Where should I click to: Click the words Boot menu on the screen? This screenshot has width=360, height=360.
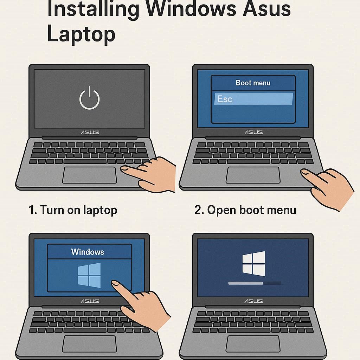(253, 83)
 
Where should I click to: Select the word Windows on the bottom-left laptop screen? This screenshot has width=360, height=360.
(88, 252)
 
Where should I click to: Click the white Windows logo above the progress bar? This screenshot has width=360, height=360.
(253, 264)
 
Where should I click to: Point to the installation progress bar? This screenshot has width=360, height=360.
(255, 283)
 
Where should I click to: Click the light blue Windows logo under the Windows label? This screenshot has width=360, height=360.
(89, 275)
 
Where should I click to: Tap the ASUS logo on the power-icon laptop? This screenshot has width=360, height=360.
(90, 133)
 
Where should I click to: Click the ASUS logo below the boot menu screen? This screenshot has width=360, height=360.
(253, 133)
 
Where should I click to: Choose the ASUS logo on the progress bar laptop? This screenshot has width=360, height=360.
(253, 301)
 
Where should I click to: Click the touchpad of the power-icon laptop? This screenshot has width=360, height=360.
(89, 175)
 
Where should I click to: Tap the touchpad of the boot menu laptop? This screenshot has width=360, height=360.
(253, 175)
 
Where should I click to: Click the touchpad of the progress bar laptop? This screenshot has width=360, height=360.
(253, 344)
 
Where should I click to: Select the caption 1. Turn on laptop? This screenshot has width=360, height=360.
(73, 210)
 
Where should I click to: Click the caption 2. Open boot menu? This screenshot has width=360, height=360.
(245, 210)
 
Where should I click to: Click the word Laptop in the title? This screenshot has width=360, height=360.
(81, 34)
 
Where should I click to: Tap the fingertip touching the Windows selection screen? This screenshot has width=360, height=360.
(115, 284)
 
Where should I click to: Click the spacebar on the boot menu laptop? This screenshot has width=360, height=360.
(249, 161)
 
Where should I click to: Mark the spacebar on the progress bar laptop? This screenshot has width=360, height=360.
(249, 330)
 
